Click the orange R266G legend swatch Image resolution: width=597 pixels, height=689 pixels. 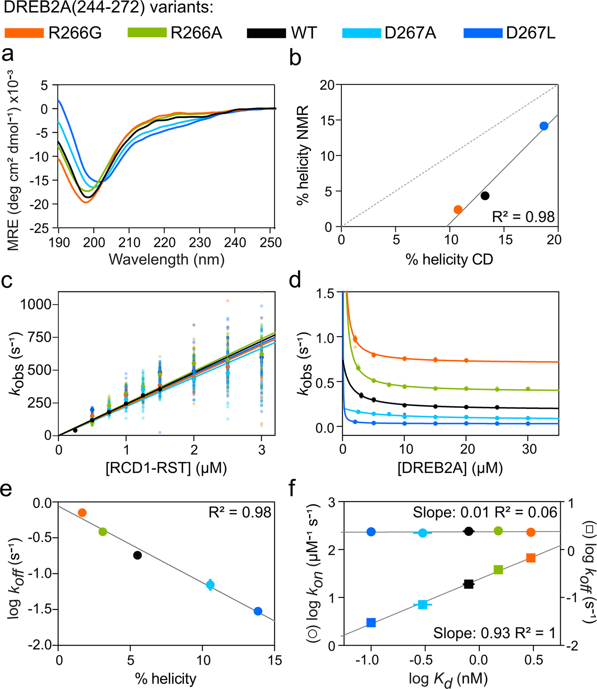[x=24, y=33]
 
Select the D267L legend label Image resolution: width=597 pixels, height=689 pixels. [x=531, y=33]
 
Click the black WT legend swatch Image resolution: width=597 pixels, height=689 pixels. [x=266, y=33]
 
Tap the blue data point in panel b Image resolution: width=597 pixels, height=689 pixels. [x=544, y=126]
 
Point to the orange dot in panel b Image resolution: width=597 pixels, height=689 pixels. [x=458, y=209]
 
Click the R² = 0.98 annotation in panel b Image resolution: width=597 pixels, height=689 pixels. [x=523, y=217]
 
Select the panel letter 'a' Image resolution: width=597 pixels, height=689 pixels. [x=8, y=55]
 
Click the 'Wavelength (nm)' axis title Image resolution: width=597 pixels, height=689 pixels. [x=167, y=259]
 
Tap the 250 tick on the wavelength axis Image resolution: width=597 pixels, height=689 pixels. [x=271, y=243]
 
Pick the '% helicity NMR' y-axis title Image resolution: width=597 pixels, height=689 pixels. [x=303, y=155]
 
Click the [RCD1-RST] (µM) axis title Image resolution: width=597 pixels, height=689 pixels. [x=166, y=468]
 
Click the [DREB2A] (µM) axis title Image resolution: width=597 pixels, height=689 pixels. [x=450, y=468]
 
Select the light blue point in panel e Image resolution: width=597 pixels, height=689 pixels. [x=210, y=585]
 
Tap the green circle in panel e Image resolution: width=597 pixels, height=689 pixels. [x=103, y=532]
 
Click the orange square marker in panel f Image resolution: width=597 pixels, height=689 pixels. [x=531, y=558]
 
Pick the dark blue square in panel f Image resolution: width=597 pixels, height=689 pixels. [x=371, y=623]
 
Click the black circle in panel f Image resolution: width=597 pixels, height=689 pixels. [x=469, y=531]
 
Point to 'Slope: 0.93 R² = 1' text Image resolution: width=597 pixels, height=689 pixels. [x=494, y=633]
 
